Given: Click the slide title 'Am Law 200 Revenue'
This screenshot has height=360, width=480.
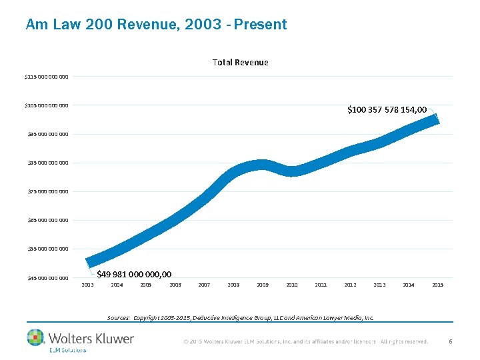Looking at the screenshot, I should pyautogui.click(x=156, y=25).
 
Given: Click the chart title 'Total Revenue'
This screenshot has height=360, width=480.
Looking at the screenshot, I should pyautogui.click(x=240, y=62).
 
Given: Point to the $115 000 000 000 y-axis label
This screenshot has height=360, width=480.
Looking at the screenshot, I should pyautogui.click(x=46, y=77).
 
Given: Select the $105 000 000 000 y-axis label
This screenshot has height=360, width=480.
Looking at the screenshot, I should pyautogui.click(x=46, y=105).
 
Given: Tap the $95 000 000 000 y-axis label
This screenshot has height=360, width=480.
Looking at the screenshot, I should pyautogui.click(x=47, y=134).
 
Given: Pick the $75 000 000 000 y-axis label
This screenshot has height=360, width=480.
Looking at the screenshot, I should pyautogui.click(x=47, y=191).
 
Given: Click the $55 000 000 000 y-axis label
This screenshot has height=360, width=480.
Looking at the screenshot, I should pyautogui.click(x=47, y=249).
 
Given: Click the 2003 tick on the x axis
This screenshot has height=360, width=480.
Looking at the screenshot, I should pyautogui.click(x=87, y=285).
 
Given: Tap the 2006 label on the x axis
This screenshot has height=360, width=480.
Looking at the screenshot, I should pyautogui.click(x=175, y=285).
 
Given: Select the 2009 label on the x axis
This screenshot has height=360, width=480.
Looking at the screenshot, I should pyautogui.click(x=263, y=285).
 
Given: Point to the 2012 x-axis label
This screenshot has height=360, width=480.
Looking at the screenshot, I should pyautogui.click(x=350, y=285).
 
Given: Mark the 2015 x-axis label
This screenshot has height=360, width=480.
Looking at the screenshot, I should pyautogui.click(x=437, y=285).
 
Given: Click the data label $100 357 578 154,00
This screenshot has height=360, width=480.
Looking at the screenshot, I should pyautogui.click(x=387, y=109).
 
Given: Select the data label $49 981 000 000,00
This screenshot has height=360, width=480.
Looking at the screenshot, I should pyautogui.click(x=134, y=274).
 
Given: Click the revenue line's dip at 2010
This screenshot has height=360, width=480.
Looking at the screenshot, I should pyautogui.click(x=292, y=171).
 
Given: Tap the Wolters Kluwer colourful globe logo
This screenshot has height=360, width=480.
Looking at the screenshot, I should pyautogui.click(x=35, y=337).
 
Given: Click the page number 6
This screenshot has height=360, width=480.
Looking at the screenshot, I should pyautogui.click(x=451, y=341).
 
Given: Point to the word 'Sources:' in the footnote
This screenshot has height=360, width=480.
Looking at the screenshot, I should pyautogui.click(x=119, y=318).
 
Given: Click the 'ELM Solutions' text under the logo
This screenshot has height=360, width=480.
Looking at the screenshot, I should pyautogui.click(x=67, y=350).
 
